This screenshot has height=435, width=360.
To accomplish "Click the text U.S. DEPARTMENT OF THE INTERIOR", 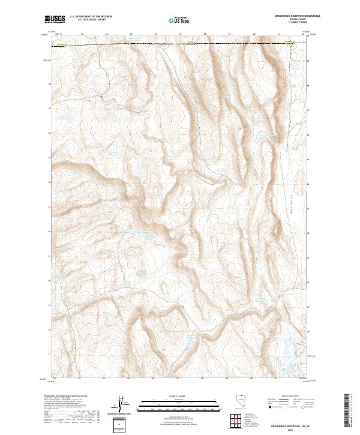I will click(91, 17).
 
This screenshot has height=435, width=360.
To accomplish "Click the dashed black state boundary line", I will click(180, 43).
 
